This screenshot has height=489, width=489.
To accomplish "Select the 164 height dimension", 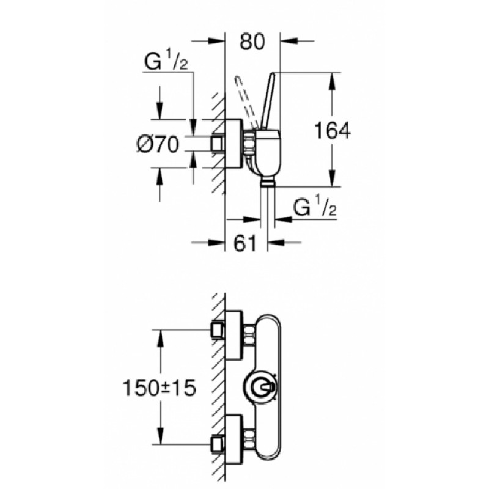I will (x=333, y=130).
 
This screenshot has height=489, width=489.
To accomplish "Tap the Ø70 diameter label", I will (x=157, y=145).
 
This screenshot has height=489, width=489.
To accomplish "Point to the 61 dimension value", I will (x=244, y=243).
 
